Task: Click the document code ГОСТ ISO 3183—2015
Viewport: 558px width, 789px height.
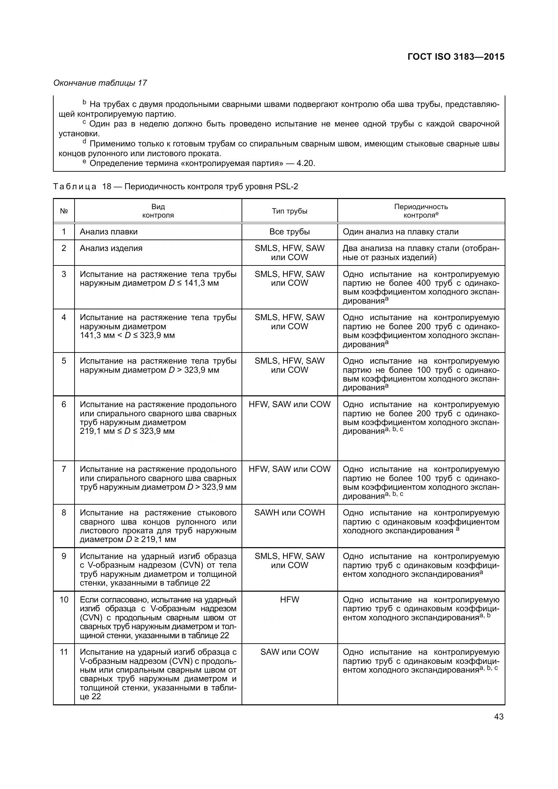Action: click(x=455, y=57)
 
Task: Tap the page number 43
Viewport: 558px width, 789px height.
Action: click(x=499, y=716)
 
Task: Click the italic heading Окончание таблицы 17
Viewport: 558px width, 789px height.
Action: click(x=100, y=83)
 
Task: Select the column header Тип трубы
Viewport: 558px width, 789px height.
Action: click(x=289, y=211)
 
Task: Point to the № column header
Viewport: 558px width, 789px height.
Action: click(x=64, y=211)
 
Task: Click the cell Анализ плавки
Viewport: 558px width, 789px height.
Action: click(x=109, y=232)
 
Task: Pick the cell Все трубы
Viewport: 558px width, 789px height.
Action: click(x=289, y=232)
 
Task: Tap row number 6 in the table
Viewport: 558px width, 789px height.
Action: click(x=64, y=404)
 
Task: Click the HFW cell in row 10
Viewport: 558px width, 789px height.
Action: click(x=289, y=599)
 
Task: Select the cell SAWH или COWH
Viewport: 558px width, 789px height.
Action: click(x=289, y=512)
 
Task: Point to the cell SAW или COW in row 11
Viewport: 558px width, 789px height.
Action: click(x=289, y=652)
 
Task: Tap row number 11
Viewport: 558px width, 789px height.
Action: click(x=64, y=652)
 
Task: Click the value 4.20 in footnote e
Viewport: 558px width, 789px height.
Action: click(x=305, y=163)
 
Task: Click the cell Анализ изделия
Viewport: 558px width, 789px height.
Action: click(x=111, y=248)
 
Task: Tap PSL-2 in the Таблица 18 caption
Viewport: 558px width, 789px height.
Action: click(x=286, y=187)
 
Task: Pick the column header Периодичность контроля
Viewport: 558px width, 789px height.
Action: click(x=421, y=211)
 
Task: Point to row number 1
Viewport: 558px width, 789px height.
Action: click(x=64, y=232)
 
